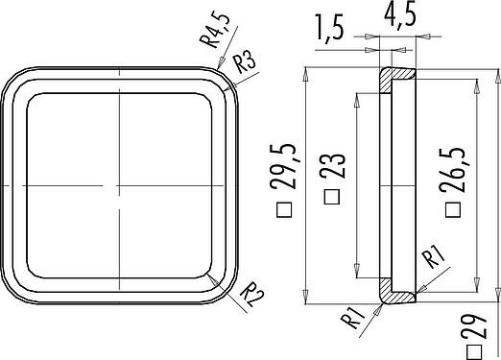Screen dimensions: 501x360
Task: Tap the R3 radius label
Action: click(x=244, y=62)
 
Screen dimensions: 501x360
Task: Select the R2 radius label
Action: click(x=251, y=294)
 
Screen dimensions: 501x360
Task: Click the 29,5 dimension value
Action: click(x=284, y=166)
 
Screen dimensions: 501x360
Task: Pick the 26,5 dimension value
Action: click(x=452, y=170)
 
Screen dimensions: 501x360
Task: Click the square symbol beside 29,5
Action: click(x=284, y=210)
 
